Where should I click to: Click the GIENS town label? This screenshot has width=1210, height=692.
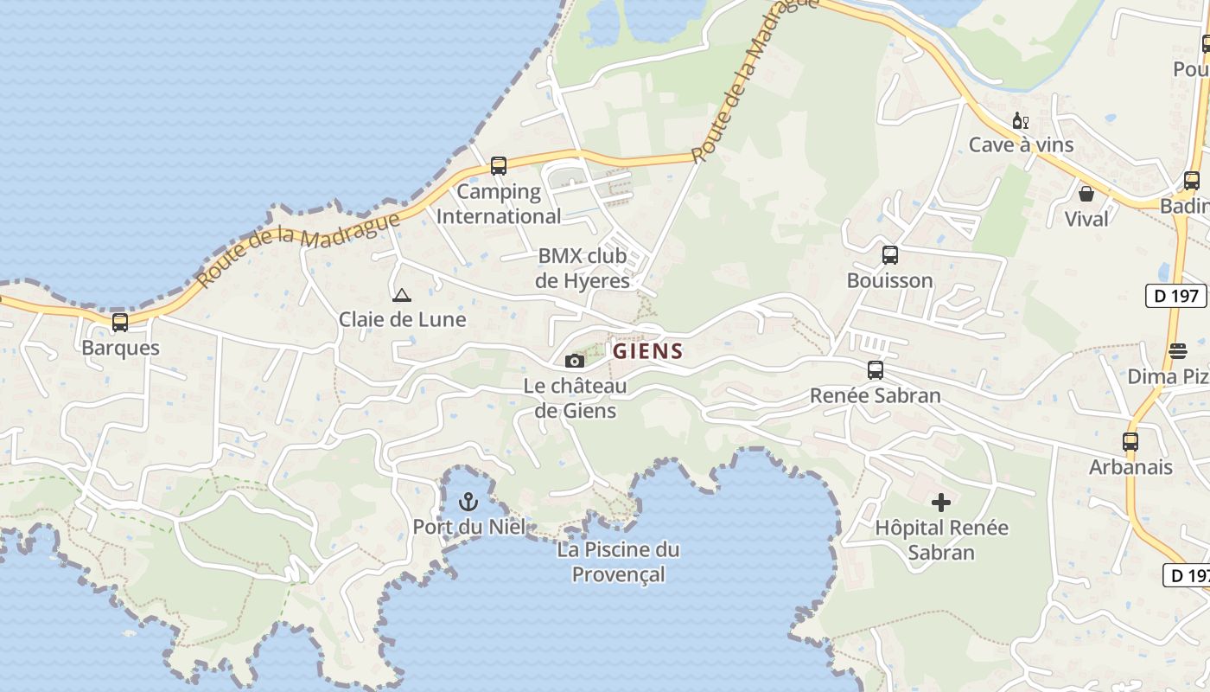[x=648, y=352]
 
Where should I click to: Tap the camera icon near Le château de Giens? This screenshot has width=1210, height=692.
[x=575, y=361]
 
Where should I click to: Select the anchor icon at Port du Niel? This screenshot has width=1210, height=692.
[x=468, y=502]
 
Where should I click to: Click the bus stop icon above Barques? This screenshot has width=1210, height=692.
[x=120, y=323]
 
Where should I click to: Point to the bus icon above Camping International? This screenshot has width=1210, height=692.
[x=498, y=166]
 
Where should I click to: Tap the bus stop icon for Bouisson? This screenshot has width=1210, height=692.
[x=889, y=255]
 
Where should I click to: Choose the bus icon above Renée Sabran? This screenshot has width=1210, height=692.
[x=876, y=370]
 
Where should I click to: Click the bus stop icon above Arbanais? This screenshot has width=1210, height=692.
[x=1130, y=442]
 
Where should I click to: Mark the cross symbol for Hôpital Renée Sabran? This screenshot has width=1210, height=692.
[x=941, y=502]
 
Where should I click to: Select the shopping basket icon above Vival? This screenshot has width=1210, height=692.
[x=1086, y=193]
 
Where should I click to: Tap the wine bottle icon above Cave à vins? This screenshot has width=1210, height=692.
[x=1021, y=120]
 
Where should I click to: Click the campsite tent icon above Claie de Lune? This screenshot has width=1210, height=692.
[x=401, y=295]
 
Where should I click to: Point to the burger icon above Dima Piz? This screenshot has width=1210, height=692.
[x=1177, y=350]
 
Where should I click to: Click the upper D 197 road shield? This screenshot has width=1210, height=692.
[x=1176, y=296]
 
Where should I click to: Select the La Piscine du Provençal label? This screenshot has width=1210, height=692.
[x=618, y=561]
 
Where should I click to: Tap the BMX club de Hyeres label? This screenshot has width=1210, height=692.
[x=583, y=268]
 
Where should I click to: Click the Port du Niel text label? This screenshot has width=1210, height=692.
[x=468, y=526]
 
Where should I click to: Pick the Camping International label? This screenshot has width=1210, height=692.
[x=499, y=203]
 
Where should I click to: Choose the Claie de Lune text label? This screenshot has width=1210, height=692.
[x=402, y=319]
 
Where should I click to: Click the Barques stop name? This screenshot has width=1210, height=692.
[x=120, y=348]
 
